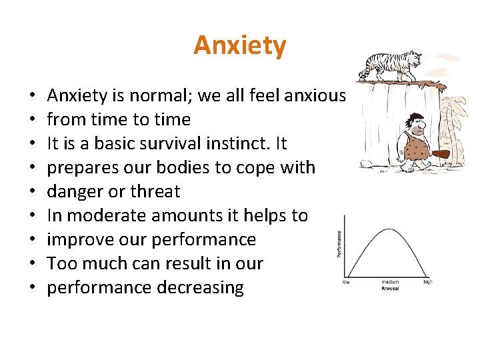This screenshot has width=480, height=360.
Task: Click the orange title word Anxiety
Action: tap(239, 45)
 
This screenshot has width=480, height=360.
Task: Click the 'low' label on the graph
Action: tap(347, 282)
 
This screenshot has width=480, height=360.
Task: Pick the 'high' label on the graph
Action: tap(427, 282)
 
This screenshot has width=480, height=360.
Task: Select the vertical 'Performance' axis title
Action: tap(339, 244)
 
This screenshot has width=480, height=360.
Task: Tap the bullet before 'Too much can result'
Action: tap(33, 264)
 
